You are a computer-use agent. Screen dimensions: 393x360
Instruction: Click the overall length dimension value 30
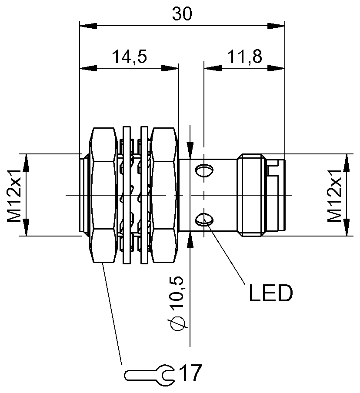(x=182, y=14)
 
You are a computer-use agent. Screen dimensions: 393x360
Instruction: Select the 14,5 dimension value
(x=129, y=57)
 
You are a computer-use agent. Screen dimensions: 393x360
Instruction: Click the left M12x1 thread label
(x=15, y=195)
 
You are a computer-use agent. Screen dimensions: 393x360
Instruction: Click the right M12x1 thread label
(x=335, y=195)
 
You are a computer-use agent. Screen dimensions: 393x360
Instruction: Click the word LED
(x=270, y=294)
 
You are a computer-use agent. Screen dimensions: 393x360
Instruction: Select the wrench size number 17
(x=190, y=373)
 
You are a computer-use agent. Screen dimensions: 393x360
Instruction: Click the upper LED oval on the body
(x=204, y=171)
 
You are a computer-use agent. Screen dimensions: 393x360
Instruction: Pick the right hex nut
(x=163, y=195)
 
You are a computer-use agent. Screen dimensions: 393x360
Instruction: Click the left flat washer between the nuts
(x=127, y=195)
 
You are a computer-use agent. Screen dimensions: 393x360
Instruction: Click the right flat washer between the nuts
(x=143, y=195)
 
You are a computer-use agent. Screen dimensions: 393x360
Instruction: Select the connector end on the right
(x=261, y=195)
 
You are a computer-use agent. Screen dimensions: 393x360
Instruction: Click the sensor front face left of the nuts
(x=84, y=195)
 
